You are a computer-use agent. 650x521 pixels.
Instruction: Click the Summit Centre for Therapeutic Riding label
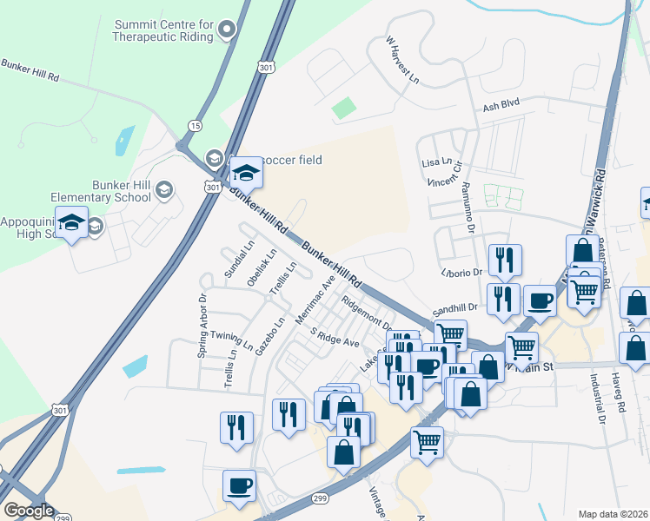coord(163,31)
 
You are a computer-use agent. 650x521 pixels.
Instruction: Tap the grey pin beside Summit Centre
coord(228,30)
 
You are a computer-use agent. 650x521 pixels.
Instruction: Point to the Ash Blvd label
coord(501,104)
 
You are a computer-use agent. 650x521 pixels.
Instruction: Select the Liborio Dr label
coord(461,272)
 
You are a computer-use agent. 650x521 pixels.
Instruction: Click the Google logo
coord(28,510)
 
